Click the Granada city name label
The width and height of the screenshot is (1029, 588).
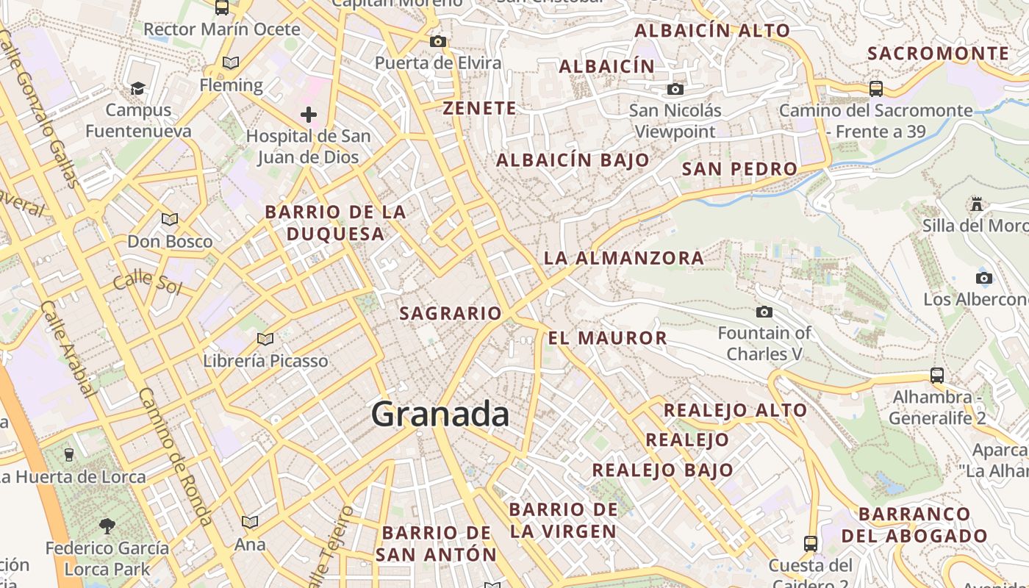point(440,415)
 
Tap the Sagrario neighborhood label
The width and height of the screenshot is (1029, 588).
point(450,314)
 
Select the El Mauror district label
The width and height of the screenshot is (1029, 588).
point(607,338)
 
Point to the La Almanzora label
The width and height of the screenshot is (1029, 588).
point(623,258)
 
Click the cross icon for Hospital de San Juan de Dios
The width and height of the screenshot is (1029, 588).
point(309,115)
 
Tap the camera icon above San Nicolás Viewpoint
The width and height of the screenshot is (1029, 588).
point(675,90)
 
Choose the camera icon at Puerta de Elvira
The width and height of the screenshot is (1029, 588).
point(438,41)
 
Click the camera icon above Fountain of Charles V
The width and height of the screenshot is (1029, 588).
point(764,312)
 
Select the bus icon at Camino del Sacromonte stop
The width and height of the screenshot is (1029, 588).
point(875,89)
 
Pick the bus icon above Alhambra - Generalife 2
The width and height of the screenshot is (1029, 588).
point(937,375)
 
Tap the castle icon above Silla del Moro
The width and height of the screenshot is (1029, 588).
point(977,204)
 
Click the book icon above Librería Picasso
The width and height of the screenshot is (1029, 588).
point(265,340)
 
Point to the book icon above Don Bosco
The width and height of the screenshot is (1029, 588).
point(170,220)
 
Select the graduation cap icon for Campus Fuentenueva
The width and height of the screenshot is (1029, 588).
point(137,89)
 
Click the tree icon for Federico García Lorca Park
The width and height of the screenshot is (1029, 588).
point(107,526)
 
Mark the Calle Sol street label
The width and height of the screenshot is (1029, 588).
point(147,281)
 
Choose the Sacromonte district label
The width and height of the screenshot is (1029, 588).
point(938,53)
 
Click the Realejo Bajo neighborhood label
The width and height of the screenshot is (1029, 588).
point(662,470)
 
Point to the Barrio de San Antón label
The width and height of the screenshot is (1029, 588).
point(436,543)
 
